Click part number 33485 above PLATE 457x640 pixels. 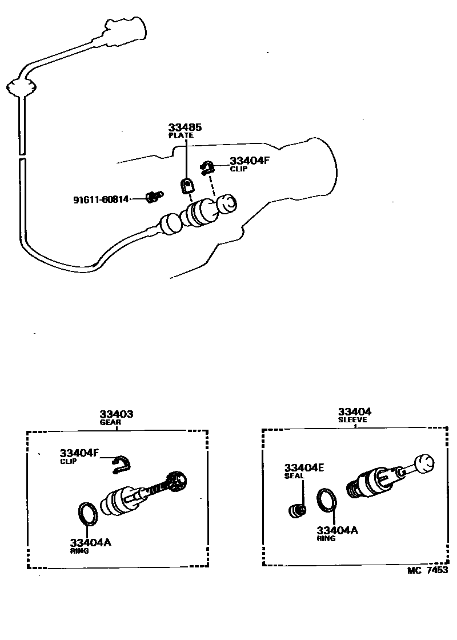coord(185,127)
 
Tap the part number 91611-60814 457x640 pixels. coord(101,199)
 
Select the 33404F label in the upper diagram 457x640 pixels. coord(249,161)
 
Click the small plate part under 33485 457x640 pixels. coord(186,185)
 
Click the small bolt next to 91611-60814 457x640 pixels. coord(153,197)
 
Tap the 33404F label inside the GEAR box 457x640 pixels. coord(79,453)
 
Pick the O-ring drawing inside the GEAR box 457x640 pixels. coord(88,513)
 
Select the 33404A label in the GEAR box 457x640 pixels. coord(90,542)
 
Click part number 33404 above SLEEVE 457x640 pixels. coord(354,411)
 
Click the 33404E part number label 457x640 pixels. coord(304,467)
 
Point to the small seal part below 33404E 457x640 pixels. coord(296,510)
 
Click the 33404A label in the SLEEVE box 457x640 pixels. coord(337,530)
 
